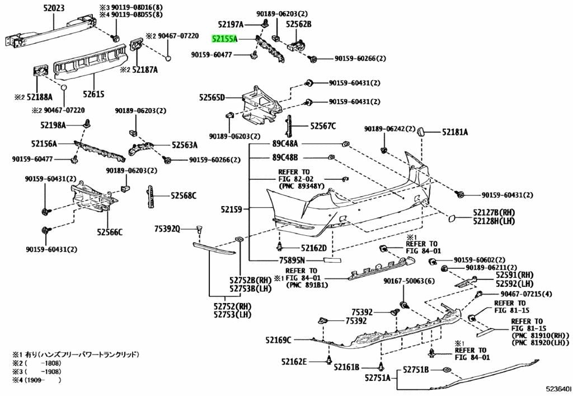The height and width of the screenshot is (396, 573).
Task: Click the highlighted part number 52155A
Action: tap(225, 39)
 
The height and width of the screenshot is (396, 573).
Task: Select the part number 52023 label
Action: tap(53, 8)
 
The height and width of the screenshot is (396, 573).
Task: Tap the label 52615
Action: tap(93, 94)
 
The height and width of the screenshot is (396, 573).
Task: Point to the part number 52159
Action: tap(231, 209)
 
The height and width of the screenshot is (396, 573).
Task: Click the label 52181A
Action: tap(455, 132)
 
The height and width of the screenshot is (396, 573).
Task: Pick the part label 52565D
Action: tap(212, 97)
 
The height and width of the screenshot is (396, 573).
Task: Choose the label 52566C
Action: tap(110, 232)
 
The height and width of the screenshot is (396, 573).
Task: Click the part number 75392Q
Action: tap(167, 229)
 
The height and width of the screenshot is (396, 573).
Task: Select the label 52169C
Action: tap(279, 340)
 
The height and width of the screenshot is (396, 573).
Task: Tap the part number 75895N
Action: tap(292, 260)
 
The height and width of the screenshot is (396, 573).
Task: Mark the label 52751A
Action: tap(378, 378)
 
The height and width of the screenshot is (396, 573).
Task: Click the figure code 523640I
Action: tap(558, 388)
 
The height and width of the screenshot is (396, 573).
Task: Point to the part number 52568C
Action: tap(184, 196)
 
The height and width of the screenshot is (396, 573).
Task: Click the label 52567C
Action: tap(323, 126)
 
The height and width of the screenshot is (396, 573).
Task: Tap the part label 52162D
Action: tap(314, 248)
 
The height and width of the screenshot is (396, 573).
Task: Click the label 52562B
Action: tap(299, 24)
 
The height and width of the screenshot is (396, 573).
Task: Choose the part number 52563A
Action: tap(185, 146)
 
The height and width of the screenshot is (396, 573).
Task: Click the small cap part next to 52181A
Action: tap(421, 132)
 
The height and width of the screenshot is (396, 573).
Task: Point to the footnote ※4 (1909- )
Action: tap(36, 380)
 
